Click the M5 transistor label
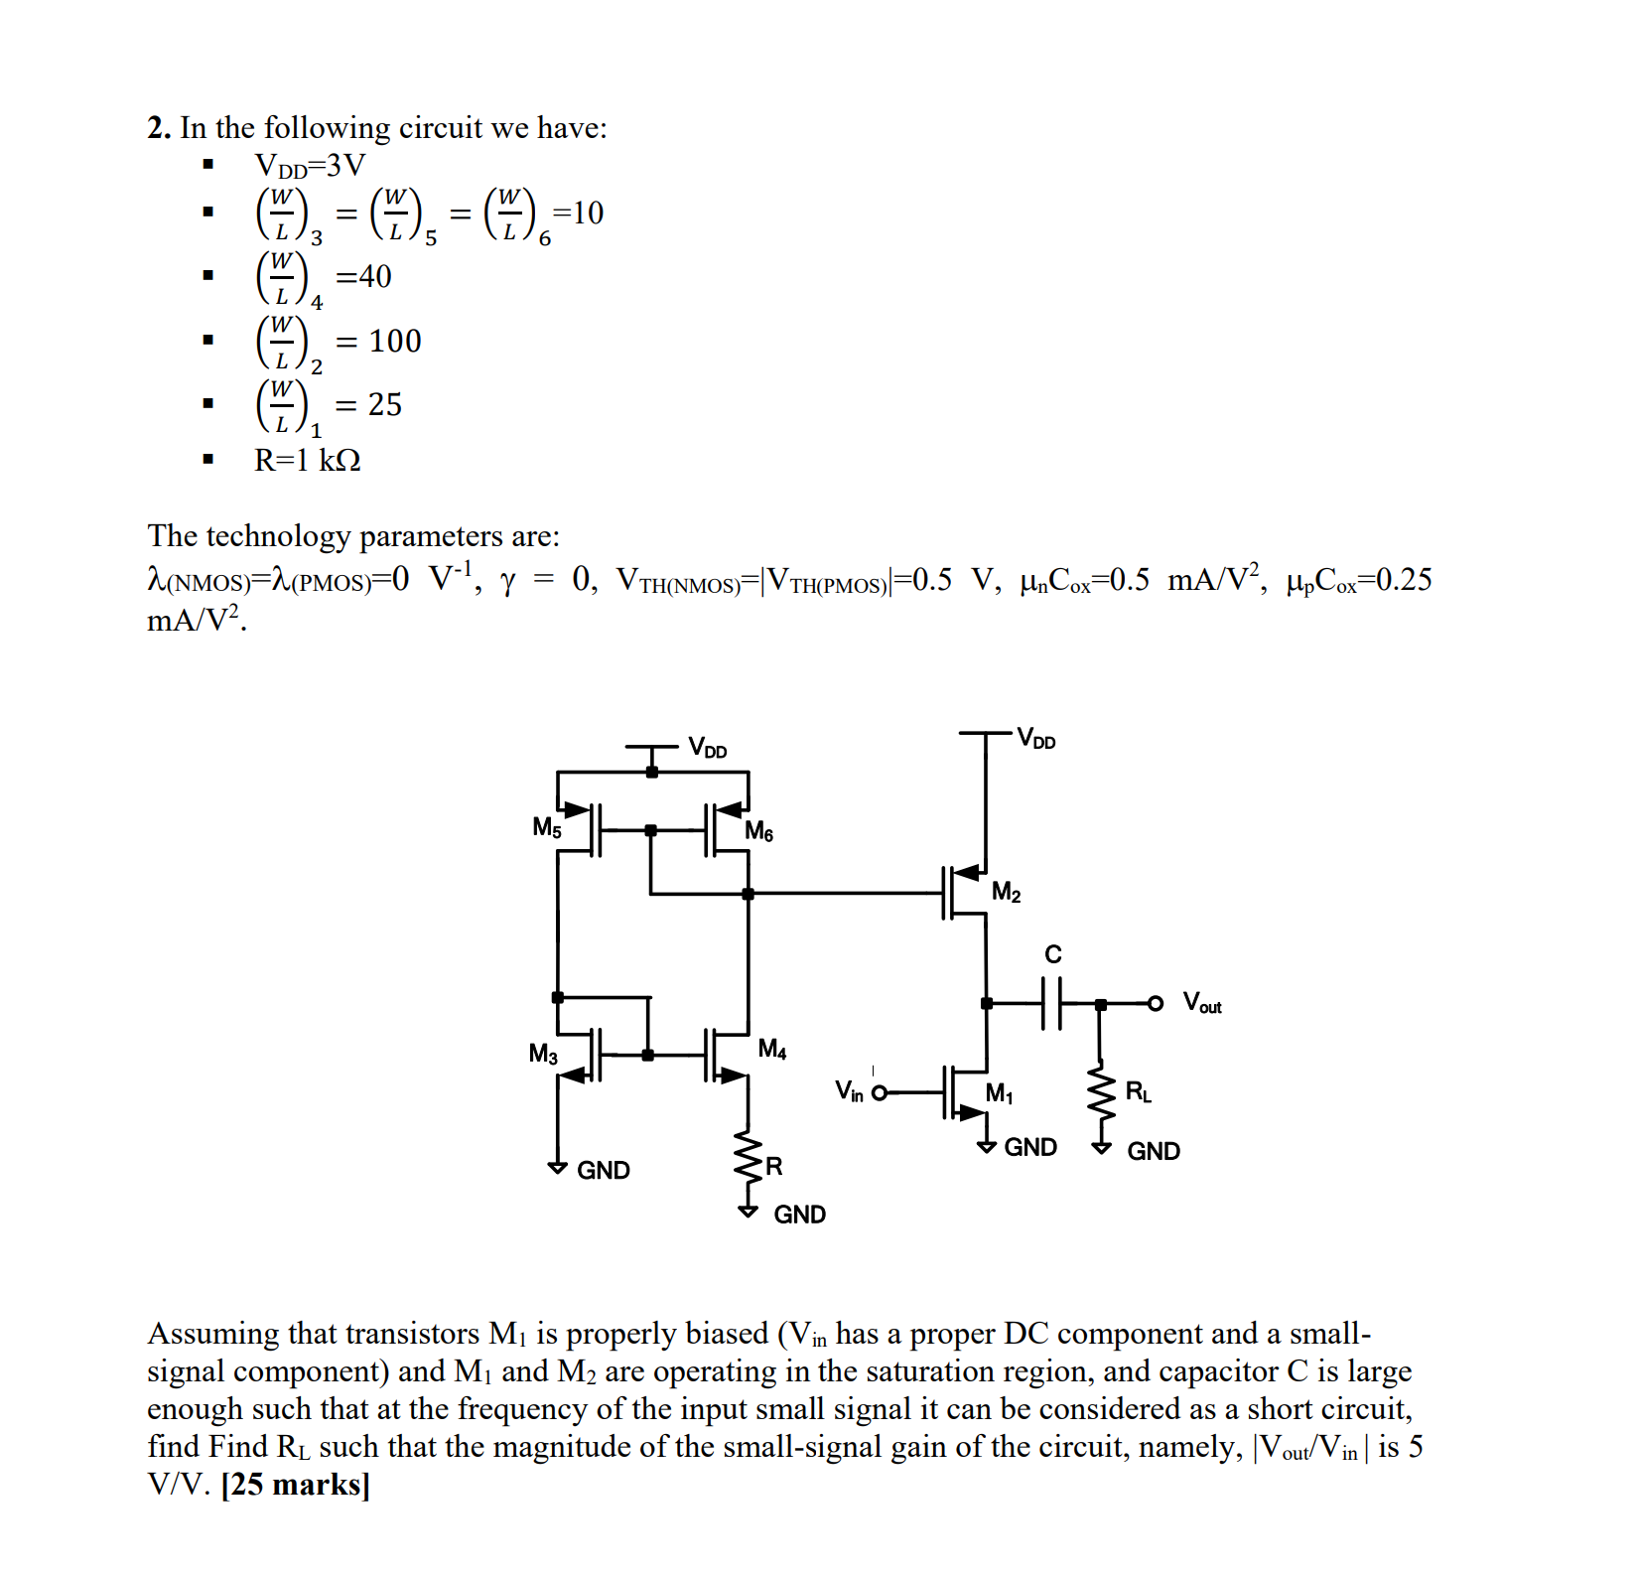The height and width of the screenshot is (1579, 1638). click(x=547, y=827)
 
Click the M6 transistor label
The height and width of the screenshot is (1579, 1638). click(x=759, y=831)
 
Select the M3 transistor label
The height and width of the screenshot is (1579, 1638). click(x=543, y=1054)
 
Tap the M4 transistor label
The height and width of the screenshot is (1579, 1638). click(x=771, y=1049)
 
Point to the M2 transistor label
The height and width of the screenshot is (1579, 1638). click(x=1006, y=892)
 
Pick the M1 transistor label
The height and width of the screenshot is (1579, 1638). click(x=999, y=1093)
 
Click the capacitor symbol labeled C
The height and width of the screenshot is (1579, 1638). click(x=1052, y=1003)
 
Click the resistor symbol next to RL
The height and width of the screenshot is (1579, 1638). click(x=1100, y=1096)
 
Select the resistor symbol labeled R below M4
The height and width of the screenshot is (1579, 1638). click(x=748, y=1162)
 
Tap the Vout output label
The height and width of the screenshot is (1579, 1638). click(x=1202, y=1002)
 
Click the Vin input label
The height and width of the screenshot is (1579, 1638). click(x=849, y=1091)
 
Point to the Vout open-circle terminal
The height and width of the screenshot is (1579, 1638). click(x=1156, y=1003)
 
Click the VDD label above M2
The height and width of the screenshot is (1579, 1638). click(x=1036, y=740)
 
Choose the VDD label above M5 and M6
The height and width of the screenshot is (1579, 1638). click(x=708, y=748)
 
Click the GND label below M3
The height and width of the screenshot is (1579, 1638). click(x=603, y=1170)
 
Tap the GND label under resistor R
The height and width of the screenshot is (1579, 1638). click(x=799, y=1215)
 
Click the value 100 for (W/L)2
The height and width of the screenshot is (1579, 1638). click(x=395, y=342)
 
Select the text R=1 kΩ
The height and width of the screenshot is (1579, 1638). click(x=308, y=461)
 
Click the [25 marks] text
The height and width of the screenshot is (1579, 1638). click(x=295, y=1485)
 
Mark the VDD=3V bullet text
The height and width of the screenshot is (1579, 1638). click(x=310, y=165)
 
